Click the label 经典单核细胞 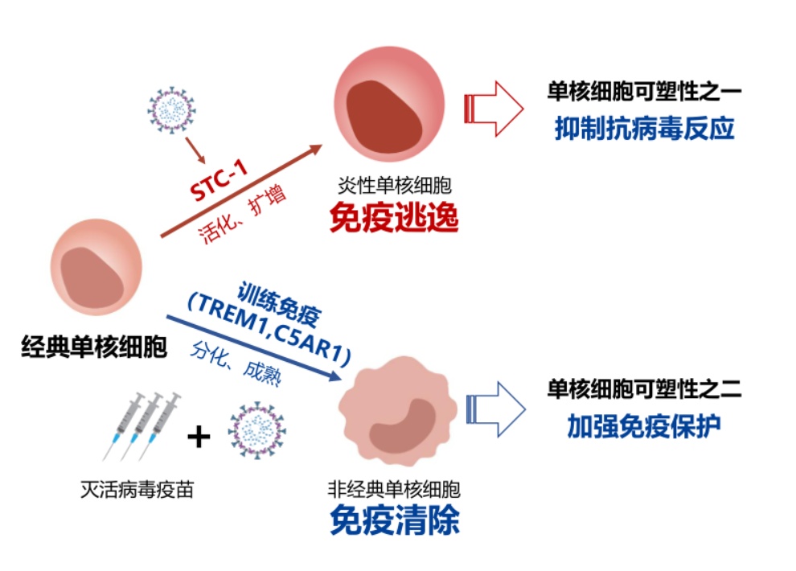[x=94, y=348]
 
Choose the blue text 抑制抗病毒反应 [x=644, y=129]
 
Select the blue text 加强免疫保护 [x=643, y=426]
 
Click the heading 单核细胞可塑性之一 [x=643, y=93]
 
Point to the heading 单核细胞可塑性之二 [x=643, y=390]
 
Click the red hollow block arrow [x=494, y=108]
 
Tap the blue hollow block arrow [x=494, y=409]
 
